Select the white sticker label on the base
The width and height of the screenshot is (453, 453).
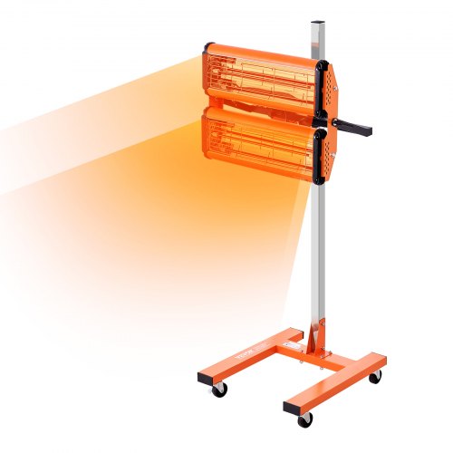291,345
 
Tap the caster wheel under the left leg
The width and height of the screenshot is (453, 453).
220,388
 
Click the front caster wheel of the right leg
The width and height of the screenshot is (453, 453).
305,419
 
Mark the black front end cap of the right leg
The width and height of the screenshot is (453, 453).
291,406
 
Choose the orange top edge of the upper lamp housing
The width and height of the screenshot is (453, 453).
263,50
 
